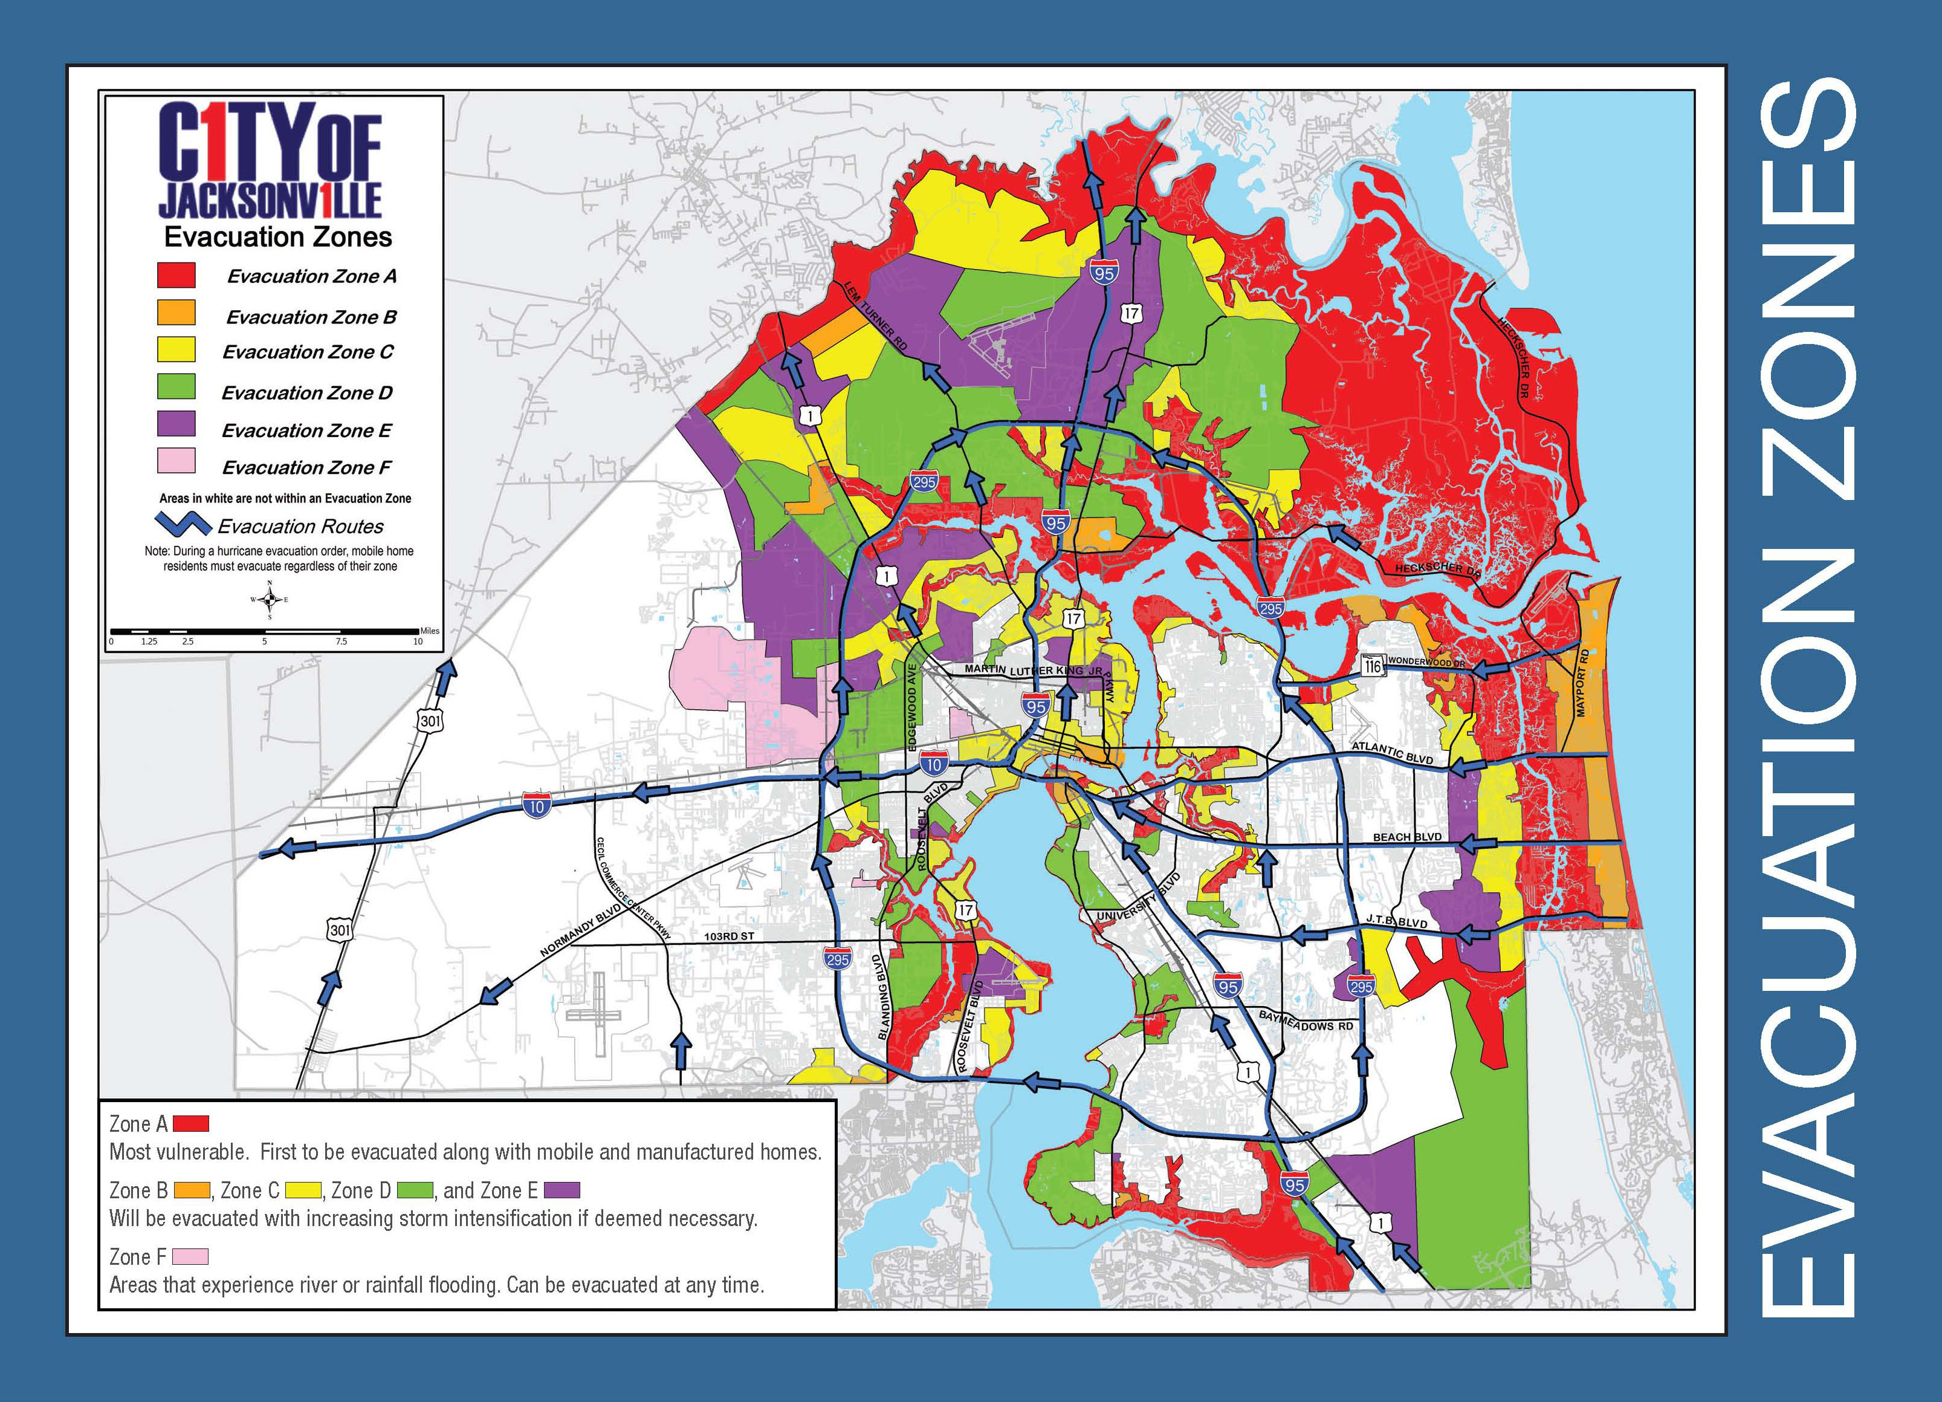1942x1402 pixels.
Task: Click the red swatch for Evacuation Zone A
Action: (x=175, y=275)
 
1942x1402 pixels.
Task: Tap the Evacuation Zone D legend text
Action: (x=306, y=393)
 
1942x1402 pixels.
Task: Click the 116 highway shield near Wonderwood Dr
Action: (x=1372, y=664)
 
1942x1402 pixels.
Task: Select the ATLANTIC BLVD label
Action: (x=1391, y=753)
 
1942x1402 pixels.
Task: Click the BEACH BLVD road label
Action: (x=1407, y=837)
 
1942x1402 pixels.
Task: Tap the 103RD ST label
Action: (x=729, y=937)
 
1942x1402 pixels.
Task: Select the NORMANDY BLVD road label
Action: (x=580, y=930)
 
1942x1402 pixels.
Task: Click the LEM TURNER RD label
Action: (x=875, y=314)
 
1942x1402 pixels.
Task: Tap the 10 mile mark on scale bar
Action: (x=418, y=641)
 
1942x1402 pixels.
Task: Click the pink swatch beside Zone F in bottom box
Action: (x=189, y=1256)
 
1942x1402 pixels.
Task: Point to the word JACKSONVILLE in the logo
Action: (x=269, y=200)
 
